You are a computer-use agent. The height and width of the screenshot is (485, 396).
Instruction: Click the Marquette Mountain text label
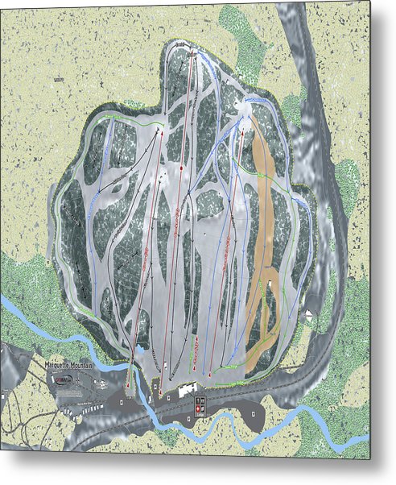[x=69, y=366]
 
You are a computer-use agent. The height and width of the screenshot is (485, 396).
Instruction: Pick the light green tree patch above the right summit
[x=241, y=36]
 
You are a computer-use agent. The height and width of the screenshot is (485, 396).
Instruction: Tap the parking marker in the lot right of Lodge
[x=254, y=414]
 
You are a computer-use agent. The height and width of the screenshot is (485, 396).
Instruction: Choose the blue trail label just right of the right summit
[x=258, y=99]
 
